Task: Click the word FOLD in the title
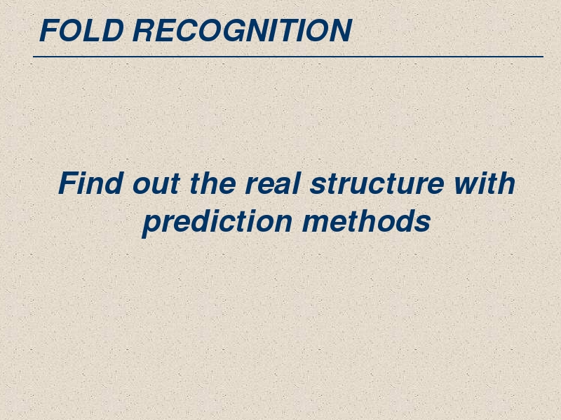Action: coord(81,30)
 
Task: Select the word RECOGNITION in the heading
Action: coord(242,30)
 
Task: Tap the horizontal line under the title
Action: coord(288,57)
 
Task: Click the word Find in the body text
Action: coord(91,183)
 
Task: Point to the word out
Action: coord(156,185)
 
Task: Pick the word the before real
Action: coord(212,183)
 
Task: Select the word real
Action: coord(272,183)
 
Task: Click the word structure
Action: coord(377,183)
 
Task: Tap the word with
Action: coord(485,183)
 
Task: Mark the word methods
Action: coord(366,220)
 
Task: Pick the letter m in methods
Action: coord(316,223)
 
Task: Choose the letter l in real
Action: coord(296,183)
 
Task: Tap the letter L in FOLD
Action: coord(90,30)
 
